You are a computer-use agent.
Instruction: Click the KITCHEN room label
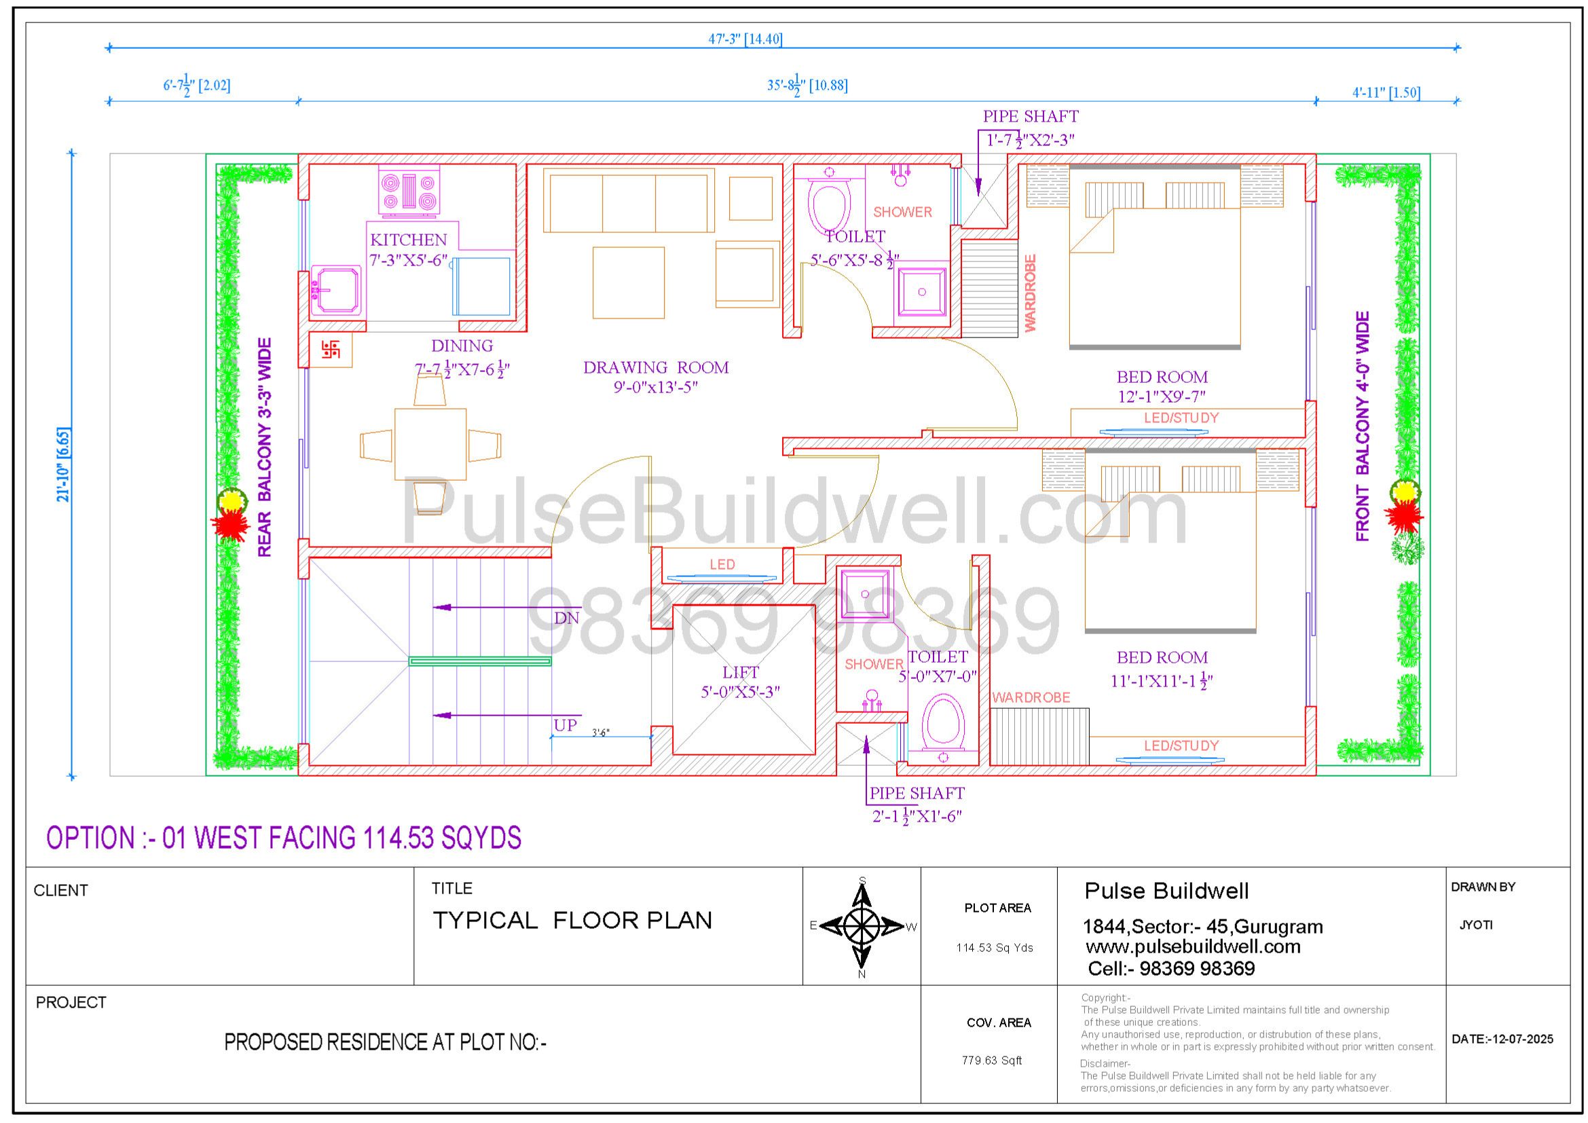(408, 240)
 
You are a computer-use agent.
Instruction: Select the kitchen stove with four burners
(409, 191)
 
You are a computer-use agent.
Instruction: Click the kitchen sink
(335, 291)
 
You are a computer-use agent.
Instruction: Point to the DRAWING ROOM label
(656, 367)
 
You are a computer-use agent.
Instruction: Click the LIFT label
(741, 672)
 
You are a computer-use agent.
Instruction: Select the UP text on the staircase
(565, 724)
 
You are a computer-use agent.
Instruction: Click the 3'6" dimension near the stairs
(600, 733)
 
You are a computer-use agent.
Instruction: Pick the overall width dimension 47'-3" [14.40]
(745, 39)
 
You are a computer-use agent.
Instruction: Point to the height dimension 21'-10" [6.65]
(63, 464)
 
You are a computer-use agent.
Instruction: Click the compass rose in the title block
(862, 926)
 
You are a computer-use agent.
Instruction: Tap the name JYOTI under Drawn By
(1476, 925)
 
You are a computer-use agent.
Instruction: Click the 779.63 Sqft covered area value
(992, 1060)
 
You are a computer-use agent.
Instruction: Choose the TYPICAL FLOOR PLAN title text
(572, 921)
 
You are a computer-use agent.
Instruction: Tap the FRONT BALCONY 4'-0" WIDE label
(1363, 426)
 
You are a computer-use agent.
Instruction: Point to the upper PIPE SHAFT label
(1031, 116)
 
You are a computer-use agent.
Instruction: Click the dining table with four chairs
(430, 444)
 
